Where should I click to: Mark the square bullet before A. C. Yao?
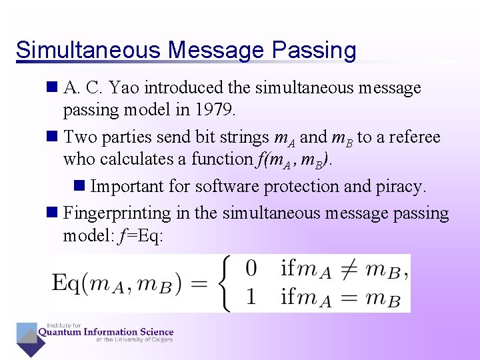(53, 87)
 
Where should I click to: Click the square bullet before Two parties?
(53, 137)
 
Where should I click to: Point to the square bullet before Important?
(80, 186)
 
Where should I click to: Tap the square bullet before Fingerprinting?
(53, 213)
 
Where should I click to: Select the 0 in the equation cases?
(251, 269)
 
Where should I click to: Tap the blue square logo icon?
(29, 338)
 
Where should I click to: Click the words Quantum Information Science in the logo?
(107, 332)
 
